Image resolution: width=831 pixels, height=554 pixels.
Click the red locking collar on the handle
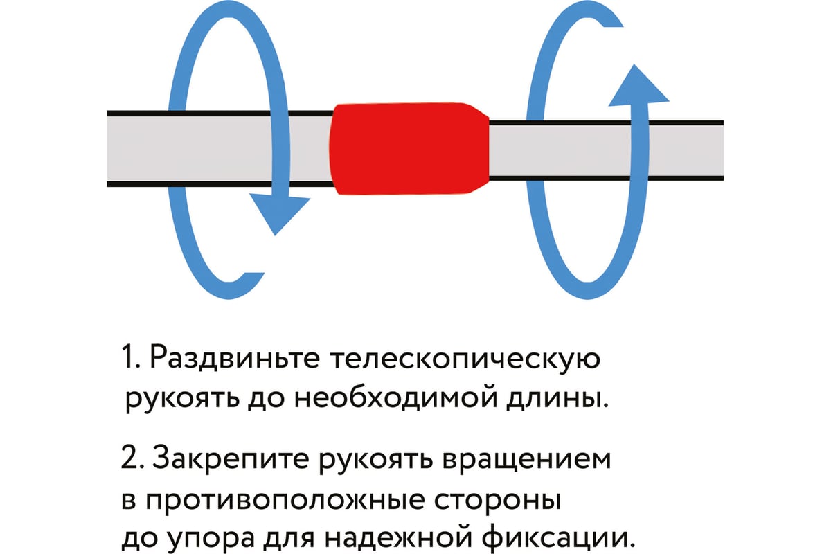[x=409, y=148]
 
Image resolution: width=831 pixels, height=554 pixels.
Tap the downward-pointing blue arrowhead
[x=279, y=212]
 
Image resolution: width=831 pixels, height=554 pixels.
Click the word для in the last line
[x=289, y=539]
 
